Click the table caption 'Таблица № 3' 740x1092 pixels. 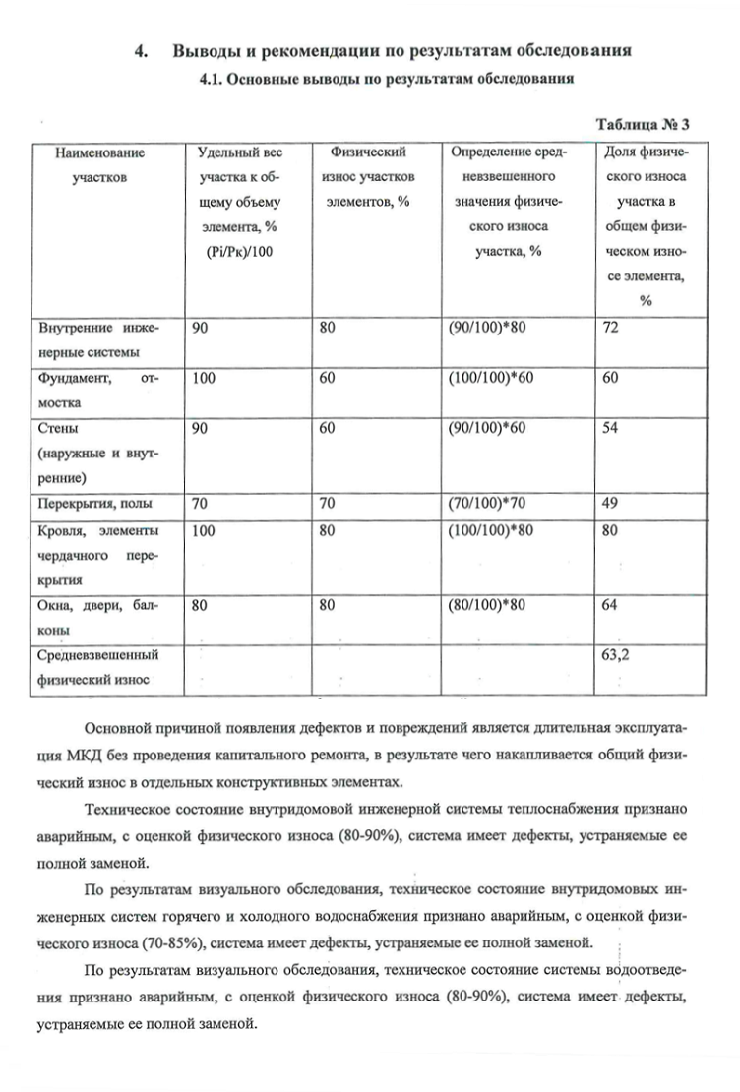[x=643, y=125]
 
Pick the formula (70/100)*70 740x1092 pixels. [x=489, y=503]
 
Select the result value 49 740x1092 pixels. [x=611, y=503]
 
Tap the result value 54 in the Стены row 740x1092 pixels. [x=611, y=429]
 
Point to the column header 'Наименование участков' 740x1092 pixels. [x=98, y=165]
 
